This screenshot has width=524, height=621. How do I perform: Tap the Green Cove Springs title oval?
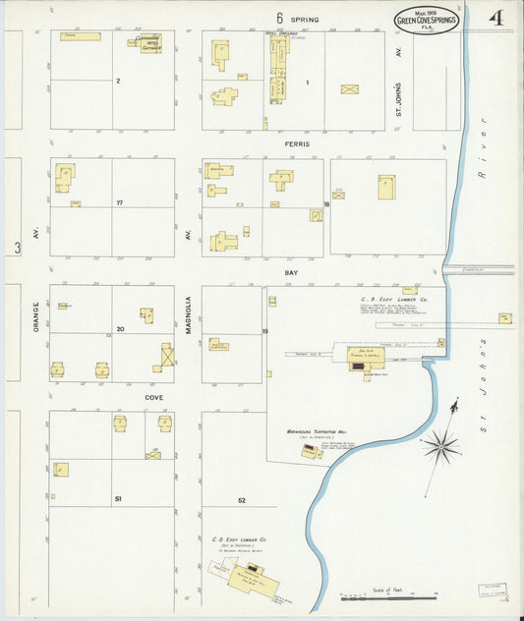pos(426,21)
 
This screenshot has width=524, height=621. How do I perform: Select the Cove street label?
pos(153,398)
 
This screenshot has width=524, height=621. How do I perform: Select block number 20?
pos(119,329)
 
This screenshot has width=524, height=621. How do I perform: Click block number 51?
pos(117,499)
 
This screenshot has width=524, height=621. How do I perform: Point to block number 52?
pos(241,500)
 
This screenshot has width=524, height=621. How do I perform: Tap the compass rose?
pos(441,446)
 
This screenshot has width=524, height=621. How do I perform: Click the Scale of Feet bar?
pos(388,595)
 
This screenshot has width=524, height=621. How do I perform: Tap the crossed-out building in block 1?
pos(349,88)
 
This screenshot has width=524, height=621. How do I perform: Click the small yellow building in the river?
pos(504,318)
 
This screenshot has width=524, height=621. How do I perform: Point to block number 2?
pos(118,81)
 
